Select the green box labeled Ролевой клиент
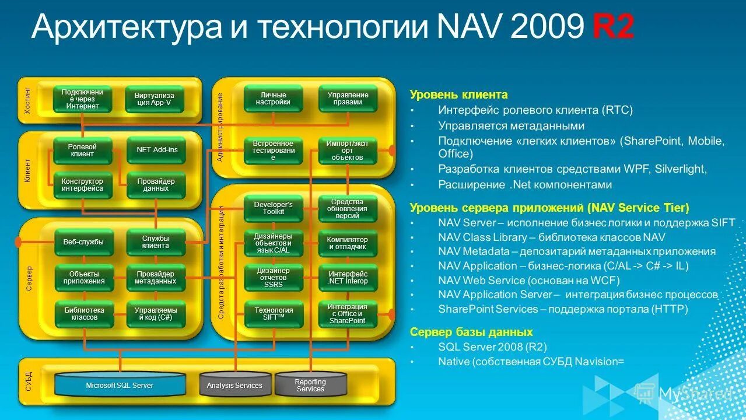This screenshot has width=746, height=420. point(82,150)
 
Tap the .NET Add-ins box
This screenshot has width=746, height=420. point(156,150)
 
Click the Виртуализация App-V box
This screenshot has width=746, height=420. point(155,99)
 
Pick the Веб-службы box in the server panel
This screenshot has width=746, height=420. point(83,242)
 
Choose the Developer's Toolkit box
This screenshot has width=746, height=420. point(273,208)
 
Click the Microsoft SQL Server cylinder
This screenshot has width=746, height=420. point(120,385)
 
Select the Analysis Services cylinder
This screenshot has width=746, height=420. point(234,385)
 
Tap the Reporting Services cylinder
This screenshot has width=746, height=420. point(310,385)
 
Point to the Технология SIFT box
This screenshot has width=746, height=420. point(273,314)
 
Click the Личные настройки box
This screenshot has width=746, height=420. point(273,99)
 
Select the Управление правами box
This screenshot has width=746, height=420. point(348,99)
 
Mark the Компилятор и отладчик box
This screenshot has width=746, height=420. point(348,243)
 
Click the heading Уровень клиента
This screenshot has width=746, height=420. point(458,94)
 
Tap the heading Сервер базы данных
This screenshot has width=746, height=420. point(471,332)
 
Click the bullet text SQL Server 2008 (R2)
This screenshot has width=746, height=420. point(492,346)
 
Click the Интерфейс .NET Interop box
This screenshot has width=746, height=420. point(348,278)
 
